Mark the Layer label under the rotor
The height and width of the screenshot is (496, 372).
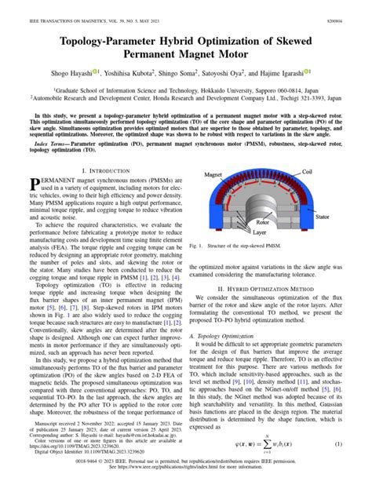click(x=263, y=233)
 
